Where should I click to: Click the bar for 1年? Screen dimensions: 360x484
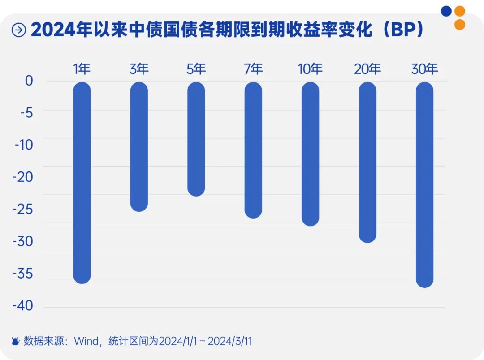coord(82,183)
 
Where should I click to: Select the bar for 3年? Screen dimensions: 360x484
coord(139,147)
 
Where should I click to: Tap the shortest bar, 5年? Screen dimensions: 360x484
coord(196,139)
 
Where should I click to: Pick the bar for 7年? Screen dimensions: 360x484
coord(253,150)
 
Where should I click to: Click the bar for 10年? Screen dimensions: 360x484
coord(311,154)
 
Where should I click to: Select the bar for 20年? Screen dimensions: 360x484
coord(367,163)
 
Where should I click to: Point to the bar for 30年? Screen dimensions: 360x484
coord(424,185)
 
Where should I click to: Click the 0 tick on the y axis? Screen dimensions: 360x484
coord(29,81)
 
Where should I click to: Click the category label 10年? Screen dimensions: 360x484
coord(310,69)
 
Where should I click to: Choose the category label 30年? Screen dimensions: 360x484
coord(424,69)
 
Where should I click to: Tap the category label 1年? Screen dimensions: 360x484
coord(82,69)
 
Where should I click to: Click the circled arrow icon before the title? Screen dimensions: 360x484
coord(19,30)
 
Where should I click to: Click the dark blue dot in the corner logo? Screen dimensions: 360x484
coord(446,11)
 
